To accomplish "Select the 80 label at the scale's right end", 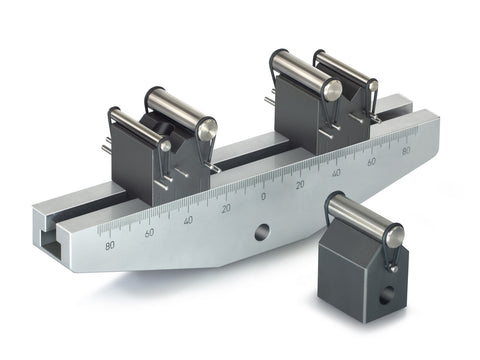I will (x=405, y=151).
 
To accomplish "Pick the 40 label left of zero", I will (x=189, y=220).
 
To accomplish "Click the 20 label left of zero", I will (x=227, y=208).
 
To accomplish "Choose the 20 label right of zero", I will (x=299, y=185).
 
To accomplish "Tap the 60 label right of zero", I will (x=371, y=161).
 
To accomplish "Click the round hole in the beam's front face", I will (x=261, y=232).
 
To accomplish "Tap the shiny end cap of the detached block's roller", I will (x=393, y=236).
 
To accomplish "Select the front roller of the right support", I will (x=300, y=72).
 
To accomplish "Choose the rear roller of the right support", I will (x=345, y=70).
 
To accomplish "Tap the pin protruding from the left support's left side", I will (x=105, y=149).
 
